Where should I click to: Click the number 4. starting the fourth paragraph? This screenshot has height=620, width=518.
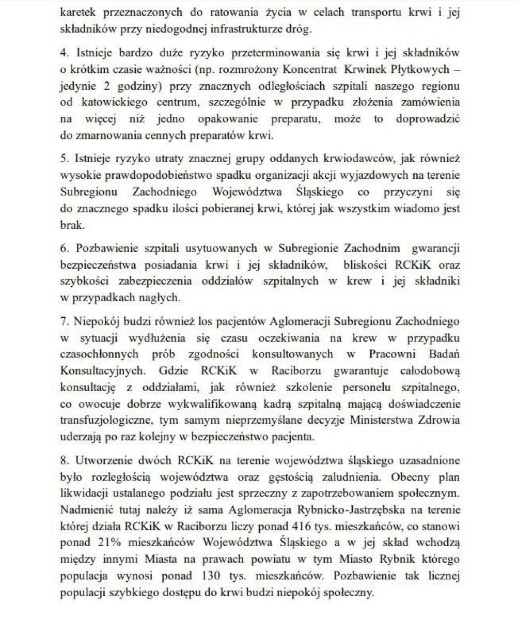64,53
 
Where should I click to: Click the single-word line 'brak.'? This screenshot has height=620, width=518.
72,226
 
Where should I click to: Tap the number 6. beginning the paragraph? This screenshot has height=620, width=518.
64,248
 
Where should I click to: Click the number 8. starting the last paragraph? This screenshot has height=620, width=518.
64,460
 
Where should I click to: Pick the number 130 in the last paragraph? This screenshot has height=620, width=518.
205,576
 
